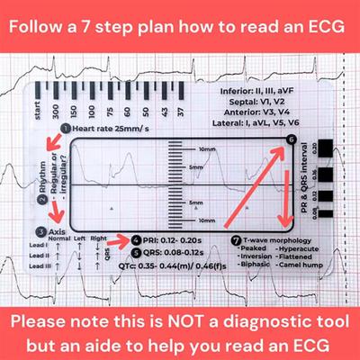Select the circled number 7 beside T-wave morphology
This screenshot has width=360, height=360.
[x=236, y=240]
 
